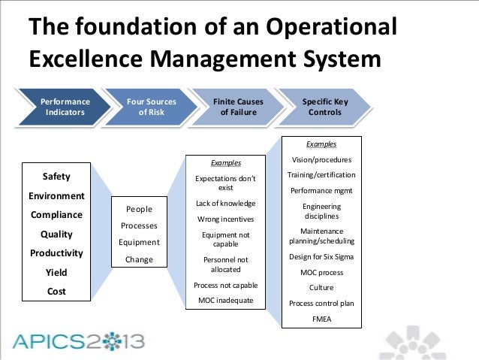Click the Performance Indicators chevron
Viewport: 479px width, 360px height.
[65, 107]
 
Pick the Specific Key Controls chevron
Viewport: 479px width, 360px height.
[322, 107]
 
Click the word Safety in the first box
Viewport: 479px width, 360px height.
[56, 177]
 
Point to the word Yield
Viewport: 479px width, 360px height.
[56, 272]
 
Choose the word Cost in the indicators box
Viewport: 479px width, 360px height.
[56, 291]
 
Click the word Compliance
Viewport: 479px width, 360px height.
[56, 215]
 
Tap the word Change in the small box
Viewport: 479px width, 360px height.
[139, 260]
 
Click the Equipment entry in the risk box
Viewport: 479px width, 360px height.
[139, 243]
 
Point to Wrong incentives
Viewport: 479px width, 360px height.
[225, 219]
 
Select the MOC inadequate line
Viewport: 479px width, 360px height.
[225, 301]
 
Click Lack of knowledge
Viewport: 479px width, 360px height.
[225, 204]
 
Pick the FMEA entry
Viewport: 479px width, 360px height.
[321, 318]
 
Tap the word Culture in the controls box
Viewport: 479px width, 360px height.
[321, 287]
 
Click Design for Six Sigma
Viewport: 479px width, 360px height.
[321, 257]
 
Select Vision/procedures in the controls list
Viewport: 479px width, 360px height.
[321, 159]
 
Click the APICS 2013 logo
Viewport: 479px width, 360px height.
[78, 343]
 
